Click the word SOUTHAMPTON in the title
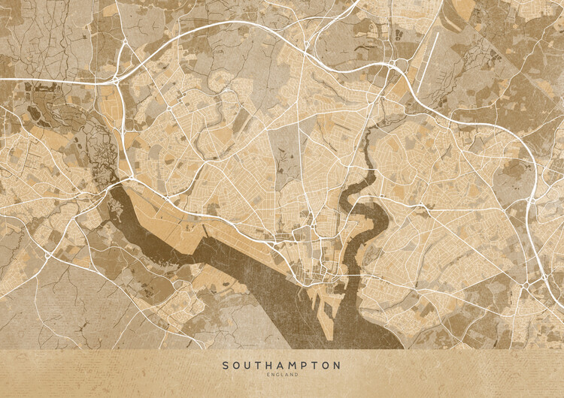pyautogui.click(x=281, y=366)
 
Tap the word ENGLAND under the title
pyautogui.click(x=281, y=375)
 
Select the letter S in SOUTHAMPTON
pyautogui.click(x=226, y=366)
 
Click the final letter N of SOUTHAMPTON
pyautogui.click(x=336, y=366)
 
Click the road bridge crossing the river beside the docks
pyautogui.click(x=354, y=276)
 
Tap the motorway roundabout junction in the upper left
pyautogui.click(x=116, y=78)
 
